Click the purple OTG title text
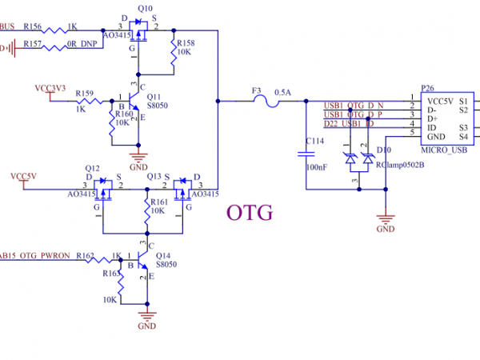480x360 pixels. [x=250, y=213]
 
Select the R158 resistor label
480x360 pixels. [x=185, y=42]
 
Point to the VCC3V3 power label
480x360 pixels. [x=50, y=86]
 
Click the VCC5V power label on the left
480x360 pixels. [x=23, y=174]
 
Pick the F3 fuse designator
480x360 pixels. [x=256, y=92]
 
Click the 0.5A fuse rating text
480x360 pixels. [x=282, y=93]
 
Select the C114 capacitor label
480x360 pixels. [x=314, y=141]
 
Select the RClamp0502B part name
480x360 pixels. [x=399, y=165]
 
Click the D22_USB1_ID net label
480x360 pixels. [x=349, y=123]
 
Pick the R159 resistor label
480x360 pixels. [x=86, y=92]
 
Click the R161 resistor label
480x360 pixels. [x=158, y=202]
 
